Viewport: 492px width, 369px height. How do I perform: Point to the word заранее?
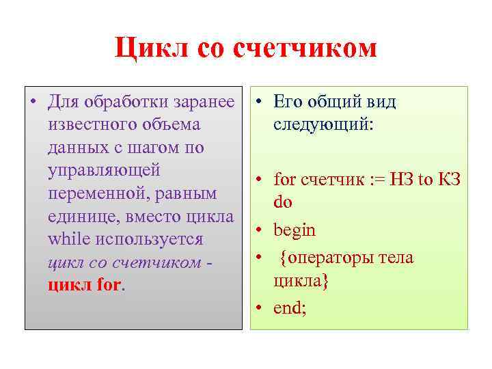206,102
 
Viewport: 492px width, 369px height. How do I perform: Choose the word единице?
79,217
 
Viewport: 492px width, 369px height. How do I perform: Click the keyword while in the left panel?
68,240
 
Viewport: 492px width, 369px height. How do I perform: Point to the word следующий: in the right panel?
323,126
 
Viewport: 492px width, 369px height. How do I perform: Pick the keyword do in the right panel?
283,202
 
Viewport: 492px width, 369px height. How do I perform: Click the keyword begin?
294,230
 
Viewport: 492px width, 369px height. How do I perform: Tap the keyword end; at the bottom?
290,308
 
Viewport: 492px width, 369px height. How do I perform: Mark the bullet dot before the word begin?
260,230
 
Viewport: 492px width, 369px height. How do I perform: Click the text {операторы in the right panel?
325,258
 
